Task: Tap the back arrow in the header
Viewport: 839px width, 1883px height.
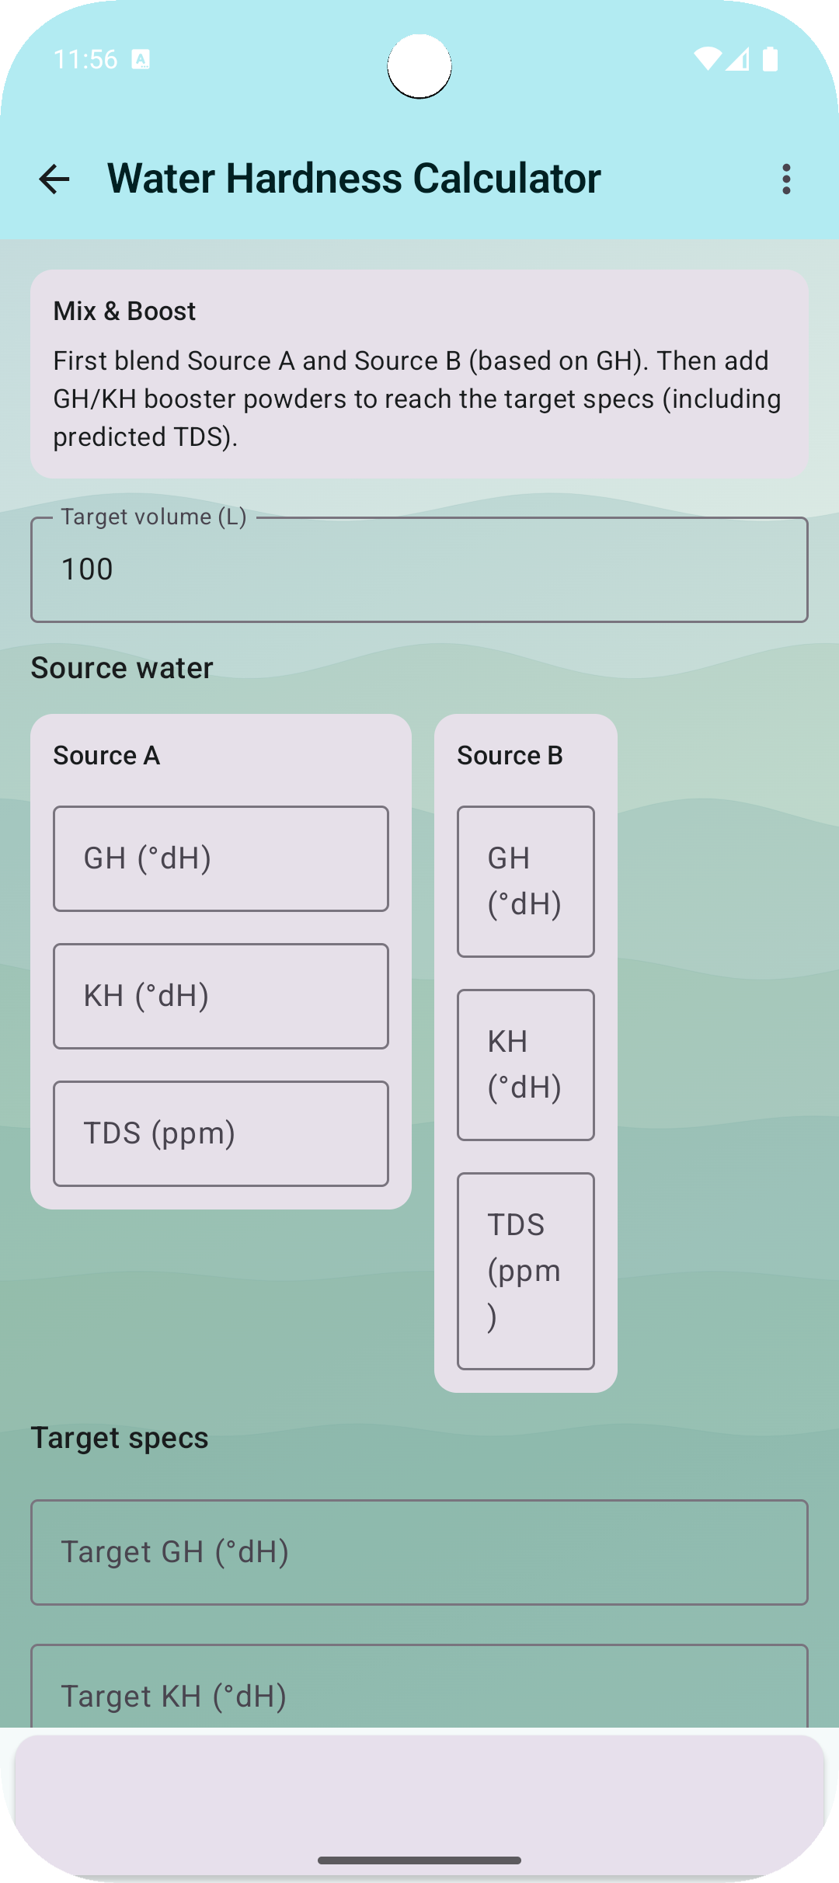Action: click(54, 179)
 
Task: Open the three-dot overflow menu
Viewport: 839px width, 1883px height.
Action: click(786, 179)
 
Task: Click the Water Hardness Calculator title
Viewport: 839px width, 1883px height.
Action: click(353, 179)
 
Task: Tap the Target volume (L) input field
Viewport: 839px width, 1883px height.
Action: click(419, 569)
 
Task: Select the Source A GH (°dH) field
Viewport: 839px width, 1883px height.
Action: click(221, 858)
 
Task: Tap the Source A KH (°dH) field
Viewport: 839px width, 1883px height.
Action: click(221, 996)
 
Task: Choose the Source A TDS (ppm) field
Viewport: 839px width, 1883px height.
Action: click(221, 1133)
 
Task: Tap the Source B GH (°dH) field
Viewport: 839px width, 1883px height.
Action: click(526, 882)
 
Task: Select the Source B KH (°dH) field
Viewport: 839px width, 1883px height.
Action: click(526, 1065)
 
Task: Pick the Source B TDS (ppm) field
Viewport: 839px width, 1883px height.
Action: click(526, 1271)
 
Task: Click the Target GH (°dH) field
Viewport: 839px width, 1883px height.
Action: click(419, 1552)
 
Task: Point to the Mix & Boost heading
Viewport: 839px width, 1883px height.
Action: click(124, 312)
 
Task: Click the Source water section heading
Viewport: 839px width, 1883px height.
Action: click(122, 668)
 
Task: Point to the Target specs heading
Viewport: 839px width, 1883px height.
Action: click(120, 1438)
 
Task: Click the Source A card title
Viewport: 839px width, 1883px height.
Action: click(106, 756)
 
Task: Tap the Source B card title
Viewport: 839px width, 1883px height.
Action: click(510, 756)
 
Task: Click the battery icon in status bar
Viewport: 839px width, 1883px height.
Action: click(770, 59)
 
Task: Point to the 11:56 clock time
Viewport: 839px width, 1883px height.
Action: click(85, 59)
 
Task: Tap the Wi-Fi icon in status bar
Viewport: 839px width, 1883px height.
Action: click(707, 59)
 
